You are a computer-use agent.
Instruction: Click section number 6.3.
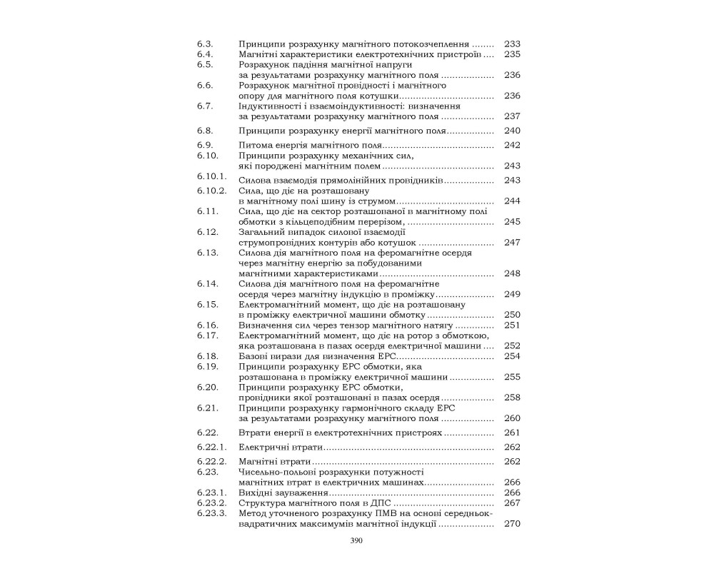pos(204,44)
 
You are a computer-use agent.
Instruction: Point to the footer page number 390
pos(357,541)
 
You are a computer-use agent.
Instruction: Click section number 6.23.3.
pos(211,513)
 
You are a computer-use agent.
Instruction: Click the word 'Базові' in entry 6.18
pos(254,355)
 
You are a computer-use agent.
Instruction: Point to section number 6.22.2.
pos(211,461)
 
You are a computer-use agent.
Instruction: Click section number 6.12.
pos(207,232)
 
